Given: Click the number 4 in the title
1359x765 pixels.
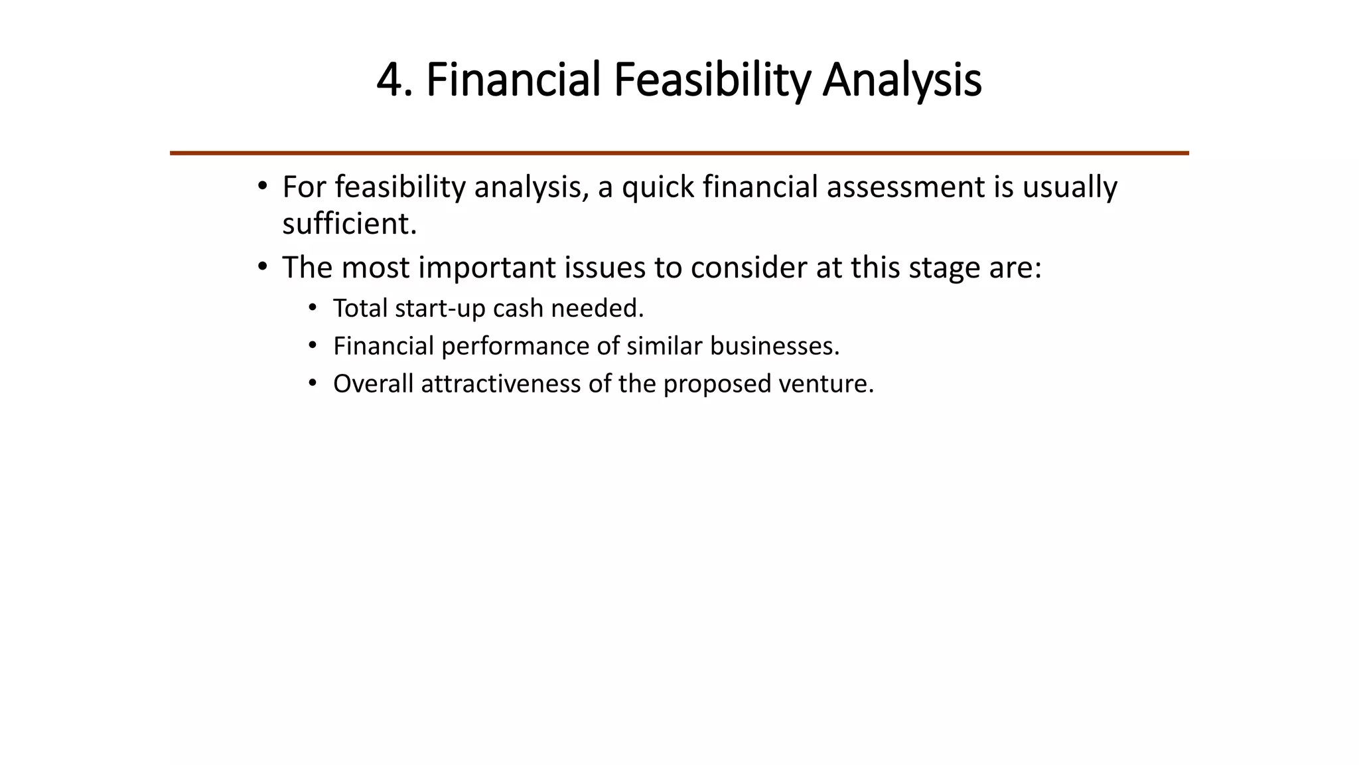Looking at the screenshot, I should (390, 80).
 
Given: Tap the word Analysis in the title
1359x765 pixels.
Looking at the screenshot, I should (902, 80).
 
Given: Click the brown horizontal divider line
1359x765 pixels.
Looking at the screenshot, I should (679, 153).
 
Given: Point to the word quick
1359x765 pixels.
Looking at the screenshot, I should (658, 188).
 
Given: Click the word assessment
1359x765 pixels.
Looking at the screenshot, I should (905, 187).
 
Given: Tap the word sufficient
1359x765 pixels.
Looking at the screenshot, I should (349, 224).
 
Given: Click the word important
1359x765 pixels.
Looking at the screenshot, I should (487, 268).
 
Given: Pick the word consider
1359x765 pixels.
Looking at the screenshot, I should (749, 268).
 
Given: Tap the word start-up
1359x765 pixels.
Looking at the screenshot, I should (440, 309).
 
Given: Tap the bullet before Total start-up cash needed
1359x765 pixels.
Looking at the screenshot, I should (313, 308).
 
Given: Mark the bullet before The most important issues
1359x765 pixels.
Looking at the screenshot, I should (263, 267).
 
